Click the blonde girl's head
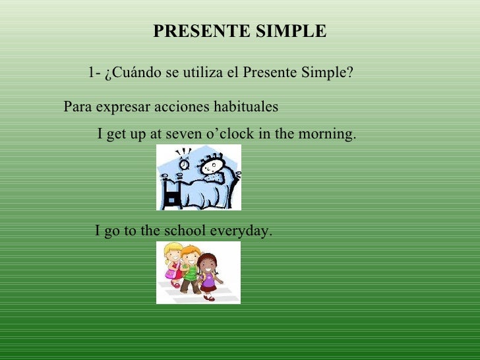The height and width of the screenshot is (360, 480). click(x=173, y=252)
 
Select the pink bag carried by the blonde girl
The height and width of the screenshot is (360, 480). click(x=172, y=272)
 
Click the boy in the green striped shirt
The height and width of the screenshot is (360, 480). click(x=191, y=269)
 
